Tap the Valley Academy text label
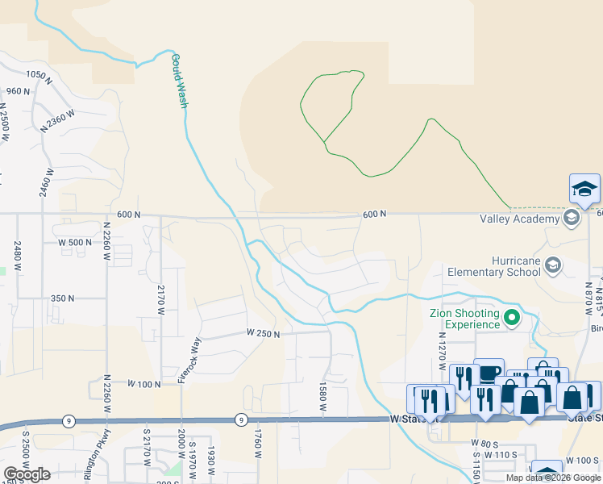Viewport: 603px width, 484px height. tap(530, 219)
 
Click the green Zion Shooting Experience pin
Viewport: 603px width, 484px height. tap(510, 319)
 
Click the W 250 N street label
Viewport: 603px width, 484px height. tap(263, 333)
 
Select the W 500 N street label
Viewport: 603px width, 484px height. tap(76, 242)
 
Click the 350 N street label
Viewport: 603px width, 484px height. tap(62, 298)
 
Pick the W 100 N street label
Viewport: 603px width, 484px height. tap(143, 384)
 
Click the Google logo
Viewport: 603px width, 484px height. tap(27, 474)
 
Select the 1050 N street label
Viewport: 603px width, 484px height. tap(39, 77)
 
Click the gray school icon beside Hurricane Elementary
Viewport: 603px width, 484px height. tap(553, 265)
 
